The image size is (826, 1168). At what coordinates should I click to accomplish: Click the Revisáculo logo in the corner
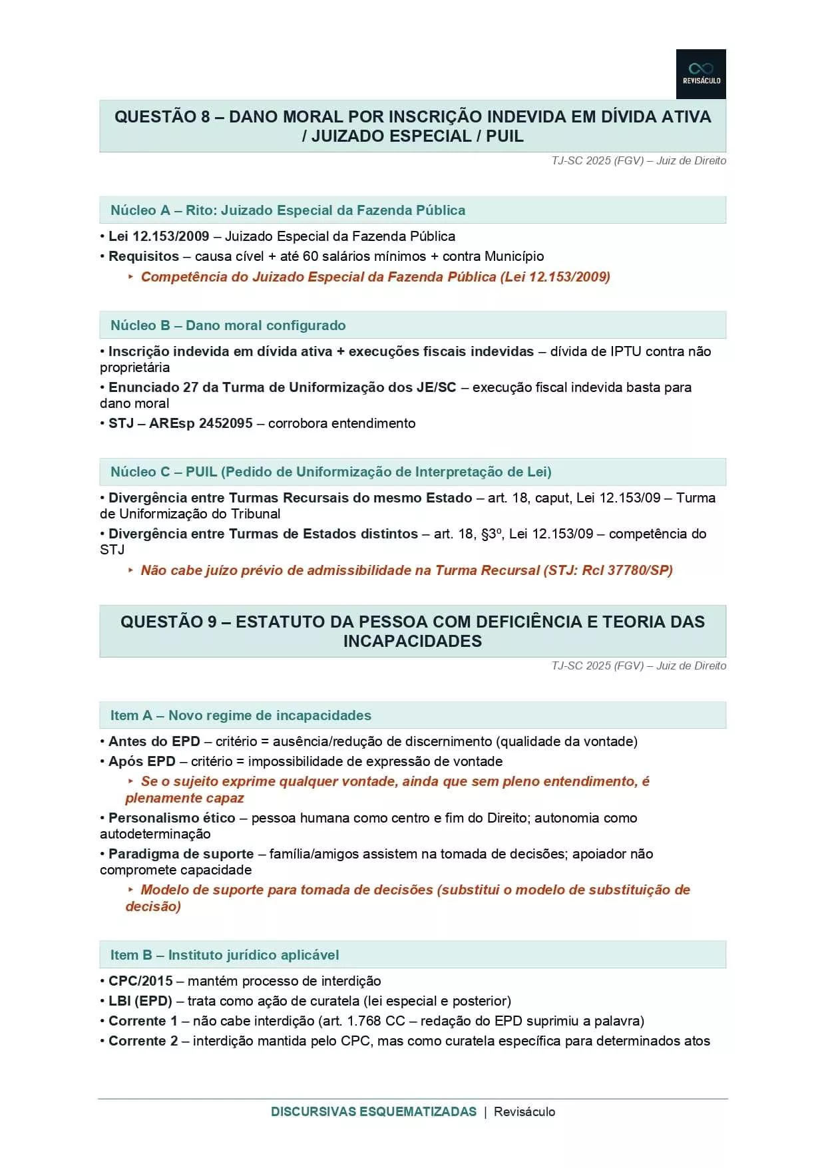[x=700, y=74]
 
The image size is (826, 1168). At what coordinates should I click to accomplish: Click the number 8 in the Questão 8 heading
[x=205, y=117]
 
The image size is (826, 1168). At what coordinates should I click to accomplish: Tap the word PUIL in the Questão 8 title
[x=505, y=136]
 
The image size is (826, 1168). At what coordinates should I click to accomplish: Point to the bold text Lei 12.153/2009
[x=158, y=236]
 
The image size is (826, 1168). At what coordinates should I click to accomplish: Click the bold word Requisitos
[x=144, y=256]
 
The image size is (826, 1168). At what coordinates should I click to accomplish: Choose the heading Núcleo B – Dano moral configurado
[x=228, y=325]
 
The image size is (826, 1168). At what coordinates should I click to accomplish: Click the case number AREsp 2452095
[x=200, y=423]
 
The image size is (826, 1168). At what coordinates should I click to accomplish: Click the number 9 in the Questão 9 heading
[x=212, y=622]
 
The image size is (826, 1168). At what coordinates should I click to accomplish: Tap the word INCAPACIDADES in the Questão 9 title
[x=412, y=642]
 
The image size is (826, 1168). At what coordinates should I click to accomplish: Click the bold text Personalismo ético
[x=172, y=818]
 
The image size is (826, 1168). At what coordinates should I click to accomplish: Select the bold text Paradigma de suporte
[x=181, y=854]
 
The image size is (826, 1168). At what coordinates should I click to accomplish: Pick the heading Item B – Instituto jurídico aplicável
[x=224, y=955]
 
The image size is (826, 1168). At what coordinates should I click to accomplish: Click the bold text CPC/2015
[x=140, y=981]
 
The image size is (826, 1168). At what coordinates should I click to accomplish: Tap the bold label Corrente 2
[x=143, y=1041]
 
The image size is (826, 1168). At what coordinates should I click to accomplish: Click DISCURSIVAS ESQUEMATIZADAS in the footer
[x=373, y=1111]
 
